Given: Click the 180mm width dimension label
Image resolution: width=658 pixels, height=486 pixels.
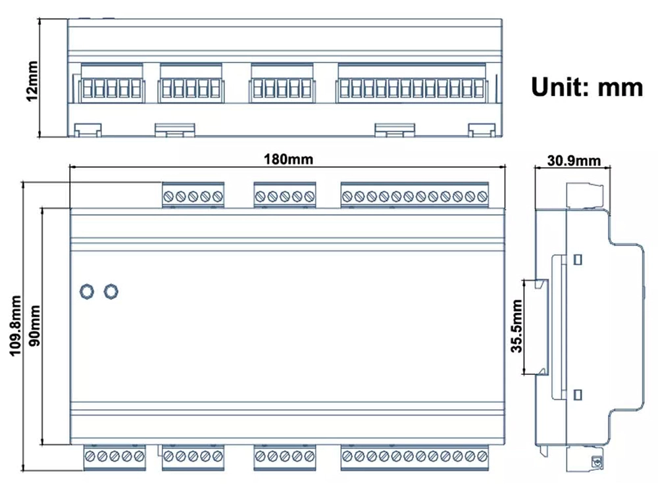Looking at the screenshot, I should (x=288, y=159).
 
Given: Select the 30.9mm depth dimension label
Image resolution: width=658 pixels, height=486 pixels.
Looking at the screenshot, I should (x=573, y=160).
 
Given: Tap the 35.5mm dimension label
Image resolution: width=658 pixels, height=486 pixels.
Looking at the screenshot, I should (x=517, y=327).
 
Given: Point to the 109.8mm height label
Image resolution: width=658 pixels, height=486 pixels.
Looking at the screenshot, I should (x=14, y=326).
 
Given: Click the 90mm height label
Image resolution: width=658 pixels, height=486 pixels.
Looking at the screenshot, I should (x=34, y=326).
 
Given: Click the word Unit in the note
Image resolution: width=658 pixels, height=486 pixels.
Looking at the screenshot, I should (x=559, y=86).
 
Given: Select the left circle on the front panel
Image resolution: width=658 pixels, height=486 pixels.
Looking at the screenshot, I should (x=86, y=291).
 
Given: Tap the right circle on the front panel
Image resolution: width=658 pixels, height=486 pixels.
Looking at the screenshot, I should (x=111, y=291).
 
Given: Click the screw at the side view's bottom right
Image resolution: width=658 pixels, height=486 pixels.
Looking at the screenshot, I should (x=598, y=462).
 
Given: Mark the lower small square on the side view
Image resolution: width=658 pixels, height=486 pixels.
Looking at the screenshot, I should (x=578, y=395).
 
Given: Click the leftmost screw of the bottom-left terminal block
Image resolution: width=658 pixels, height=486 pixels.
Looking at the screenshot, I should (x=90, y=456).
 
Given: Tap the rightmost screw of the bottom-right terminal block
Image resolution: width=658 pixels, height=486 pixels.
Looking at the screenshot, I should (x=482, y=456).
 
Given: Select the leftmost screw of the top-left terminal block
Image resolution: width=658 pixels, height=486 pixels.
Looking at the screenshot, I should (x=168, y=196).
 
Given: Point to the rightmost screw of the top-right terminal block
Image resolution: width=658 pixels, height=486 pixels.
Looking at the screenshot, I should (x=482, y=196).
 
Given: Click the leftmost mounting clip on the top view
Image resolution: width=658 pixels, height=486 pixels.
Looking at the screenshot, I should (x=86, y=130).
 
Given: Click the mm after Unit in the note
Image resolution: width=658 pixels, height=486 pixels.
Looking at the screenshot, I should (x=620, y=86).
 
